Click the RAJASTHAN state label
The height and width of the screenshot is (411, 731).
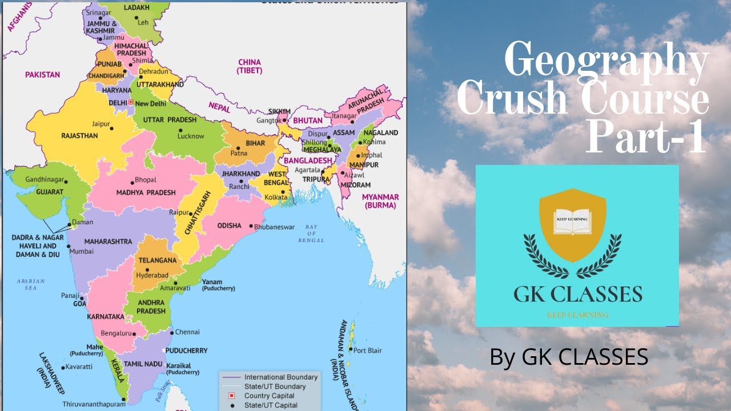80,136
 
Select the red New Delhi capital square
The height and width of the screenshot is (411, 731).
131,103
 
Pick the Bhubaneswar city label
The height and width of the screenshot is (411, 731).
274,227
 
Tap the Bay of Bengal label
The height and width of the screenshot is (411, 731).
311,233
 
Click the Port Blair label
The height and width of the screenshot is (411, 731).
368,350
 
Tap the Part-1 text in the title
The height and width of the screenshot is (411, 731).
646,138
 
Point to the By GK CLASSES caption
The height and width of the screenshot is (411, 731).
569,357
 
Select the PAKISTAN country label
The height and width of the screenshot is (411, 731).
42,75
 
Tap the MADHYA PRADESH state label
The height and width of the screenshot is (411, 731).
146,193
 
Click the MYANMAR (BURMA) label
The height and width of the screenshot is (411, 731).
380,201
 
